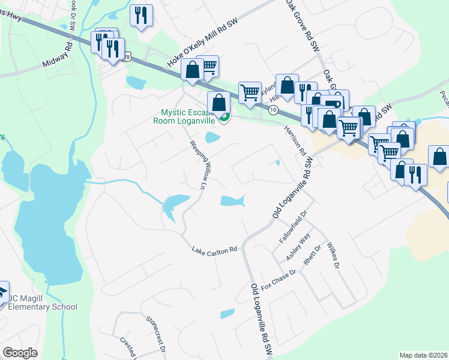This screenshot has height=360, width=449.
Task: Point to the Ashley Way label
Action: coord(298,247)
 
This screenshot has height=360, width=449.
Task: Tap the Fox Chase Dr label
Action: coord(279,281)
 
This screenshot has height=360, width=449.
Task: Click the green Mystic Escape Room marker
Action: coord(224,118)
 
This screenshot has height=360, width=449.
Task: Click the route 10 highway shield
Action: coord(273,110)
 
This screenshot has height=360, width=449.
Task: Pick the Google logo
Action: coord(20,353)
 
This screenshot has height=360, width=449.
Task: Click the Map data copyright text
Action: coord(423,355)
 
